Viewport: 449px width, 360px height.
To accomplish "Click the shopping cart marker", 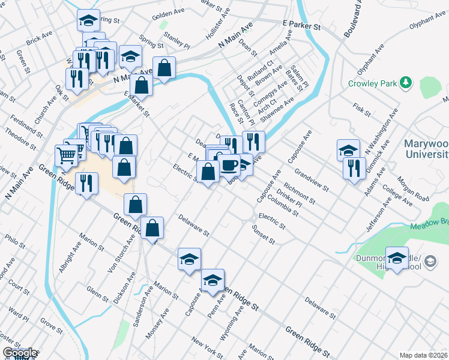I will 66,155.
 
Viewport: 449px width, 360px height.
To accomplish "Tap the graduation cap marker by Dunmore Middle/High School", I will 397,259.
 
